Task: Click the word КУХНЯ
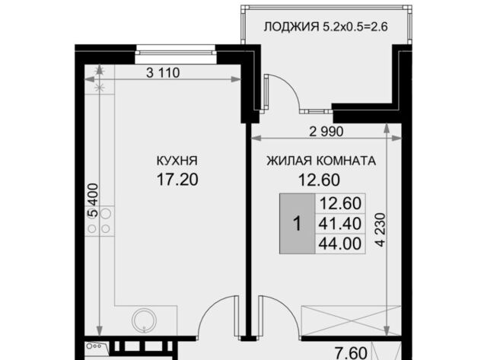(177, 161)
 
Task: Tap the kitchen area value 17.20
(177, 180)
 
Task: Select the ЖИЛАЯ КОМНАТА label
(321, 161)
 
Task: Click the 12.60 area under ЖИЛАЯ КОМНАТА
(319, 180)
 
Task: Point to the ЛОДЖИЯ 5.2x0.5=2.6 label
(326, 27)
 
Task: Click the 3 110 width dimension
(163, 73)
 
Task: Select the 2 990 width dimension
(326, 132)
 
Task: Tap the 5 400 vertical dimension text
(93, 200)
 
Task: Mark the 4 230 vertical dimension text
(380, 230)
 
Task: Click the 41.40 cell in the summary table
(340, 223)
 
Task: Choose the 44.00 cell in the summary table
(340, 244)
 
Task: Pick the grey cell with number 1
(298, 224)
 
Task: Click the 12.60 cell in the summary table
(340, 204)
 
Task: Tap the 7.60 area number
(351, 353)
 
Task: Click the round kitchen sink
(144, 320)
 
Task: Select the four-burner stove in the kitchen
(100, 221)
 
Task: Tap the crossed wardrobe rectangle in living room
(352, 321)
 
